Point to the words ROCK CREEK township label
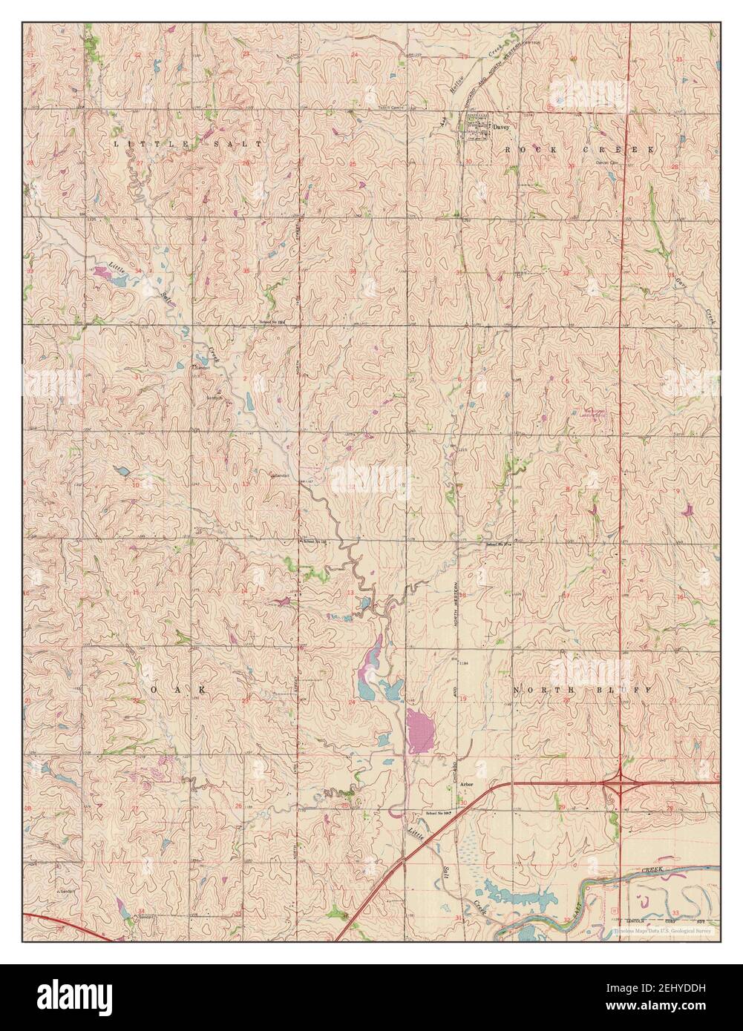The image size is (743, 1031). coord(580,149)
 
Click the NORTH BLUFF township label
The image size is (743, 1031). coord(582,690)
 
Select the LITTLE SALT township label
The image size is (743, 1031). coord(189,142)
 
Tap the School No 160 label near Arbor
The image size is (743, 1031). coord(439,814)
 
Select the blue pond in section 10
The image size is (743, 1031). coord(122,470)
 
